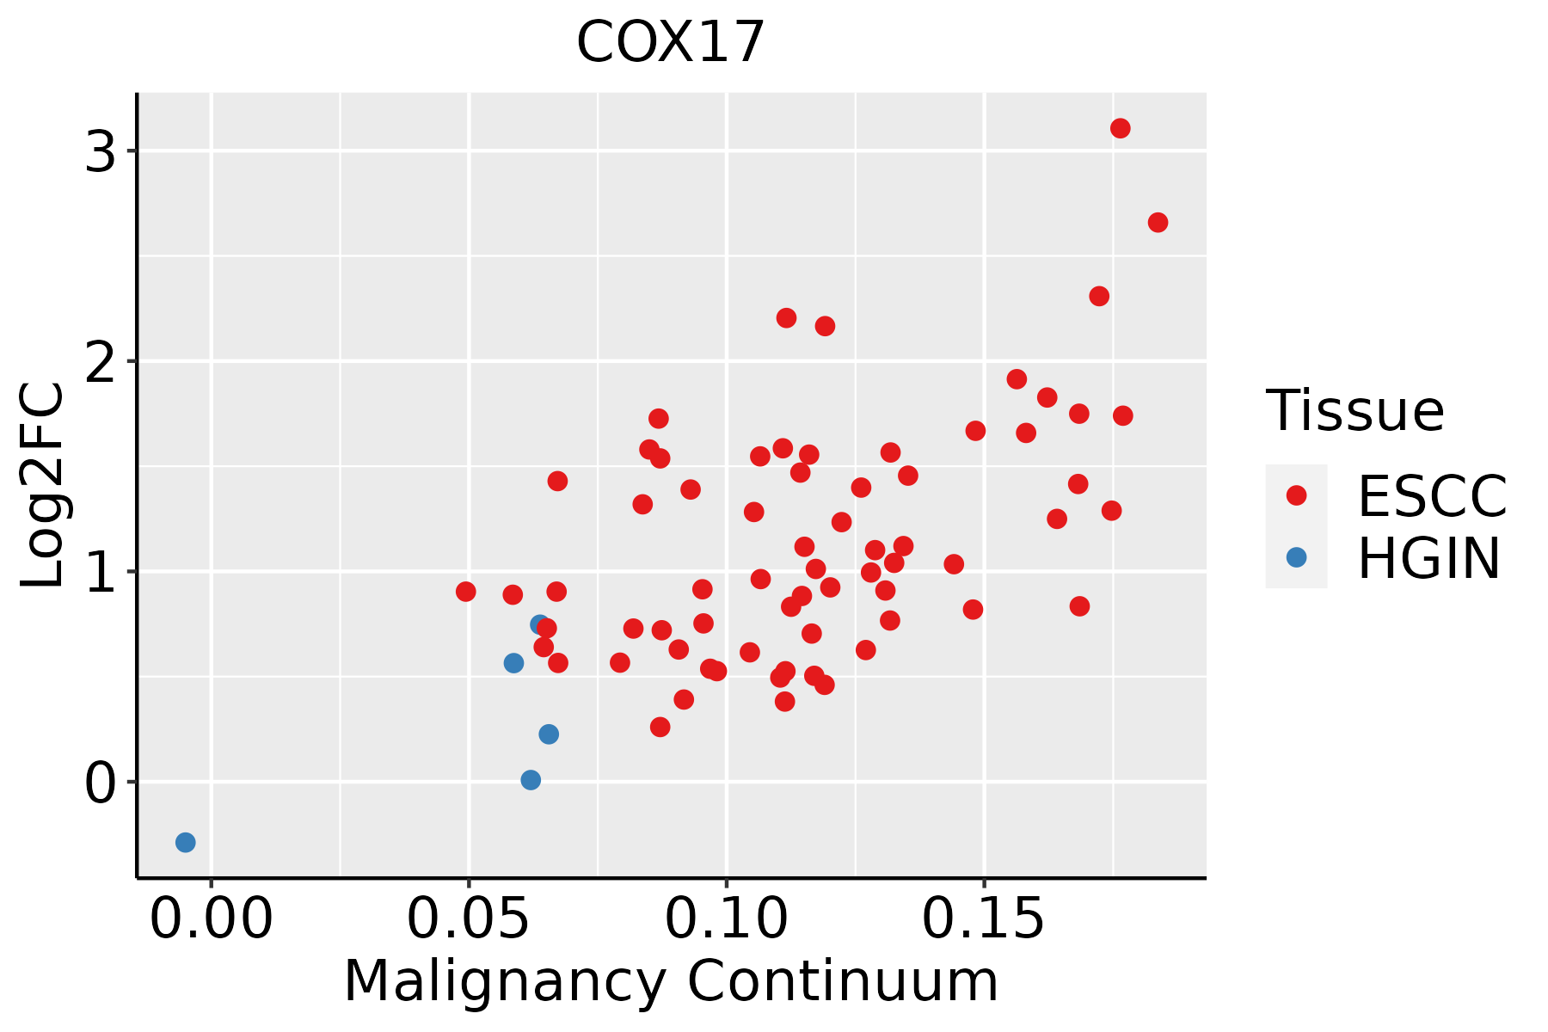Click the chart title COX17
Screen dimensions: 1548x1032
(x=670, y=42)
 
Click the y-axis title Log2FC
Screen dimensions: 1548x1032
(x=43, y=485)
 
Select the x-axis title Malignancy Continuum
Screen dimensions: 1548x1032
(x=671, y=981)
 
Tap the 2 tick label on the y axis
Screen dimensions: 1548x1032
(x=101, y=361)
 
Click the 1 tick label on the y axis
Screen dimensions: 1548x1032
(x=101, y=572)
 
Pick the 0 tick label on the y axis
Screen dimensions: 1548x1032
(x=101, y=783)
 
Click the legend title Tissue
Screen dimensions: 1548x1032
(x=1355, y=411)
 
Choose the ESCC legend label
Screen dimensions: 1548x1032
(x=1432, y=496)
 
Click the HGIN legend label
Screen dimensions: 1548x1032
(x=1428, y=558)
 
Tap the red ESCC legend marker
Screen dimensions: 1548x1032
(x=1296, y=495)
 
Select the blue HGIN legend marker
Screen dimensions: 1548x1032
(x=1296, y=557)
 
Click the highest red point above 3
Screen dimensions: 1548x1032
(x=1120, y=128)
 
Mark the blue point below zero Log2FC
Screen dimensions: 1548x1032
(x=185, y=842)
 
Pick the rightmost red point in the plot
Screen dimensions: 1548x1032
(x=1158, y=223)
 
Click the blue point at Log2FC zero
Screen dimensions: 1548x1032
(x=531, y=780)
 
